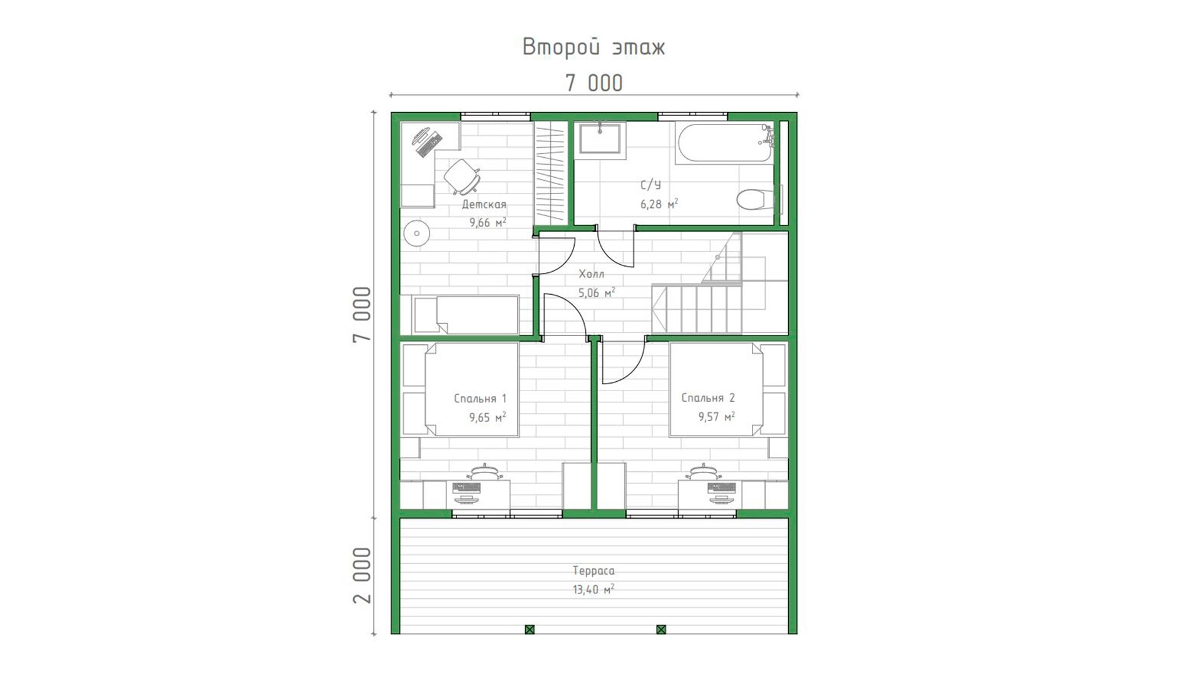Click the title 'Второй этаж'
coord(593,48)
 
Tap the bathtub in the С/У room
coord(725,144)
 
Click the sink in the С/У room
coord(600,138)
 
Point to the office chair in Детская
coord(463,176)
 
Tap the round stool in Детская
coord(416,234)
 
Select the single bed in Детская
coord(465,315)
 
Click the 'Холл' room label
coord(592,274)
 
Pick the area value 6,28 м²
coord(659,204)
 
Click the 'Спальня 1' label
coord(480,398)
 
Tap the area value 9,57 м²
coord(716,416)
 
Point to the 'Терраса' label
coord(593,571)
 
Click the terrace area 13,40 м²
coord(593,589)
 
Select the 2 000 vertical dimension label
coord(362,575)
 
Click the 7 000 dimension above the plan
coord(594,83)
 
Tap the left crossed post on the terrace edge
coord(530,629)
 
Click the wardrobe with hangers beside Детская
coord(550,173)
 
